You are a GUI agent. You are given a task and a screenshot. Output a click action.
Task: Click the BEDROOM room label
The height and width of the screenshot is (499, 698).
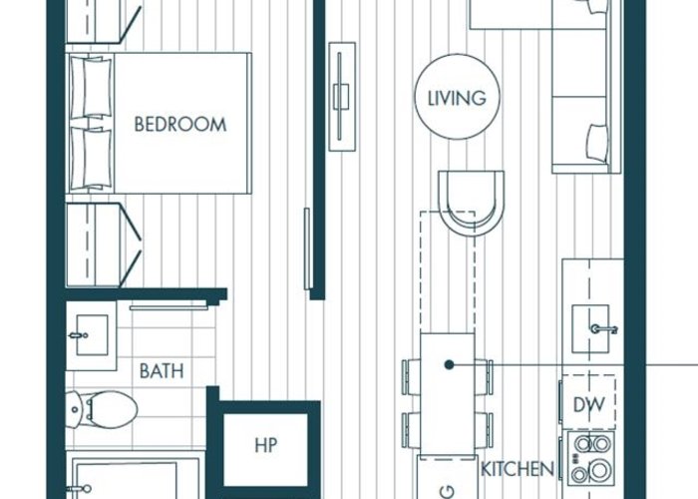coord(180,125)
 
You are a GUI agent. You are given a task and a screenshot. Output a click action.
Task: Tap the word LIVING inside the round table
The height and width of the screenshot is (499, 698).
coord(457,99)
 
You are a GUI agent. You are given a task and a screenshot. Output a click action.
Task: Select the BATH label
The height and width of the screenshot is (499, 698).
coord(162,371)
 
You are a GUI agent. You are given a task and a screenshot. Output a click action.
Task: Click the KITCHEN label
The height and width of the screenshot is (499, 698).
coord(518,469)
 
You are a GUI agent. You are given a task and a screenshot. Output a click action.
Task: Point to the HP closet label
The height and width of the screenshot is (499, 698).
coord(266,445)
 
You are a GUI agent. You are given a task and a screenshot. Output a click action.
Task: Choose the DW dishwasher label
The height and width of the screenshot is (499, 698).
coord(589,404)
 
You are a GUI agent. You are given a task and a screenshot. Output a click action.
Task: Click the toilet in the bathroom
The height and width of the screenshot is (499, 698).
coord(102,409)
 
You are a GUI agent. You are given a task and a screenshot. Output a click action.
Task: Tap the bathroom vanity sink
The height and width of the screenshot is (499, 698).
coord(92,335)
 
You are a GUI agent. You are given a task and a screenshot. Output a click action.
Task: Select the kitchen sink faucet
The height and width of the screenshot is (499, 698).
coord(604,329)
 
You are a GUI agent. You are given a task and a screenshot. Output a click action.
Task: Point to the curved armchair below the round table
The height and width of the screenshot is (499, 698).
coord(471,203)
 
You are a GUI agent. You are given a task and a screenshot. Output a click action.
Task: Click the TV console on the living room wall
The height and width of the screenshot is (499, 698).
coord(342,97)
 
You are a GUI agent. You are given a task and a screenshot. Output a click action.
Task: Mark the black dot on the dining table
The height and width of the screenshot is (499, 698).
coord(449,365)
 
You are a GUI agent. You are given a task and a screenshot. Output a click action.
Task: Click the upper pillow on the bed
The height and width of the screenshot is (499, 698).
coord(92,88)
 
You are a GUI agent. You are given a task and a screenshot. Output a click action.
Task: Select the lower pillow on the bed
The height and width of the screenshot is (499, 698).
coord(92,159)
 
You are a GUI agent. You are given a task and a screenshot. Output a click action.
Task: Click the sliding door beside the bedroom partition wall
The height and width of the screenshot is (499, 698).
coord(307,249)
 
